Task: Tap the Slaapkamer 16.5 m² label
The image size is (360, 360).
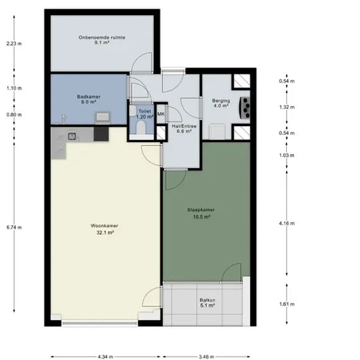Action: point(201,213)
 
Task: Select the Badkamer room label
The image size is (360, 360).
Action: point(88,99)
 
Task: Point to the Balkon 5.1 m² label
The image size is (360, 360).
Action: point(207,302)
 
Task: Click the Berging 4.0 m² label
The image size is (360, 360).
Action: point(221,103)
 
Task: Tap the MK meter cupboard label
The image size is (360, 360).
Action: point(161,114)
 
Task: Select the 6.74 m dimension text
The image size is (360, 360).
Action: point(14,227)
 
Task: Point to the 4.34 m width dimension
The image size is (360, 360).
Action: point(105,357)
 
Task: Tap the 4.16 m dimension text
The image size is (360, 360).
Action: point(287,223)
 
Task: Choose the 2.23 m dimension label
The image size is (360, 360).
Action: point(14,43)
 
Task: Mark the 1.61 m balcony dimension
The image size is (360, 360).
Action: point(287,304)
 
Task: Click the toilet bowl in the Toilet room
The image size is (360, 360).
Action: point(141,128)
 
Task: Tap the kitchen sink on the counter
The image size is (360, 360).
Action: point(72,136)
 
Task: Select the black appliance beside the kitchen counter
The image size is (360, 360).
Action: point(101,134)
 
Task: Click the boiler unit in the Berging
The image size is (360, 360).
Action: point(245,108)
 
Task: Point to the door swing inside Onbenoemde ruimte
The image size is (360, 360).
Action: point(141,62)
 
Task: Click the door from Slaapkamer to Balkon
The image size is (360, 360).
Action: point(232,273)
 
